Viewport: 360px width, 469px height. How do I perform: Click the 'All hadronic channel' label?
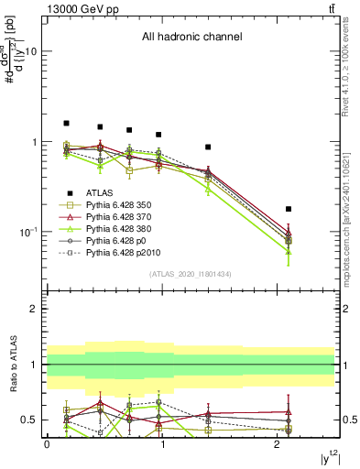(191, 38)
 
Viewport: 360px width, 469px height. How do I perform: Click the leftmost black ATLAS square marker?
(66, 123)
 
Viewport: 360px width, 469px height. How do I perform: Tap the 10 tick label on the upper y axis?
(30, 52)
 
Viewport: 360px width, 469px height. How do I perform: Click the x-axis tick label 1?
(162, 444)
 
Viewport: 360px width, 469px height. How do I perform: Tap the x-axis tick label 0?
(47, 444)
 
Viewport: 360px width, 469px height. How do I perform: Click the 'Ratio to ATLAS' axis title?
(13, 365)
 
